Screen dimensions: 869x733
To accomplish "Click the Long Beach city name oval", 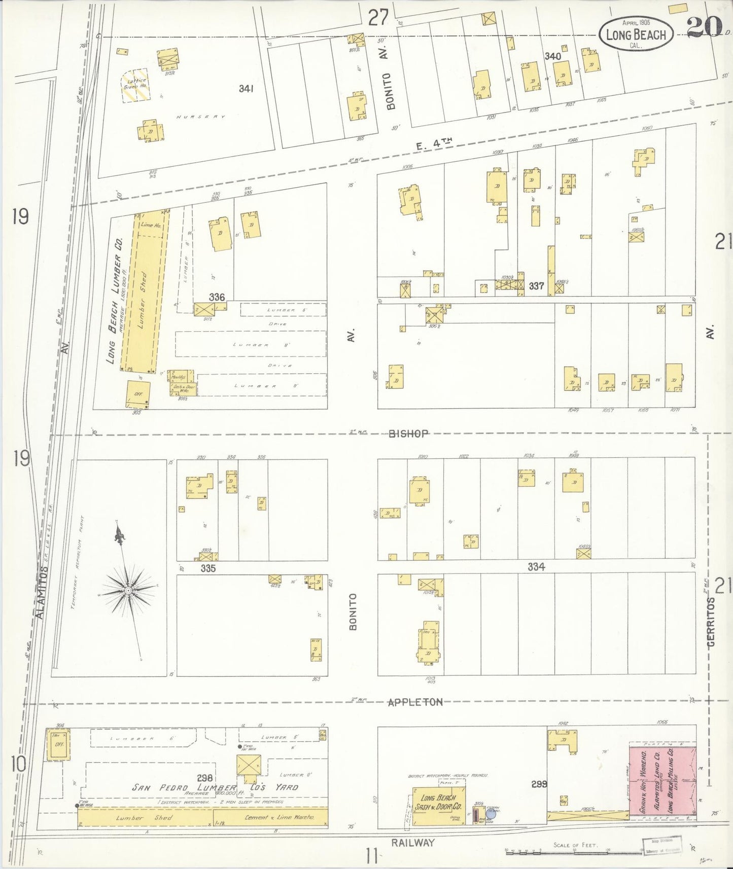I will [x=636, y=34].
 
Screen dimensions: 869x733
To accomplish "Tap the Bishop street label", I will [x=410, y=433].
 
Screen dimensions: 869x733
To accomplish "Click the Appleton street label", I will [x=415, y=702].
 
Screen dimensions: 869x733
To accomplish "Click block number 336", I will [x=217, y=297].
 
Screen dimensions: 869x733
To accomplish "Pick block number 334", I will [x=536, y=567].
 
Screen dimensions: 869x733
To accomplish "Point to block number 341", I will [x=246, y=89].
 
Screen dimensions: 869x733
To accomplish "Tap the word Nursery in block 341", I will [x=200, y=117].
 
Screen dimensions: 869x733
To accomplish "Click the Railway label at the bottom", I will [x=413, y=843].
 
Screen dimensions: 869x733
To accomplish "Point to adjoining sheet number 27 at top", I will [x=378, y=18].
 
